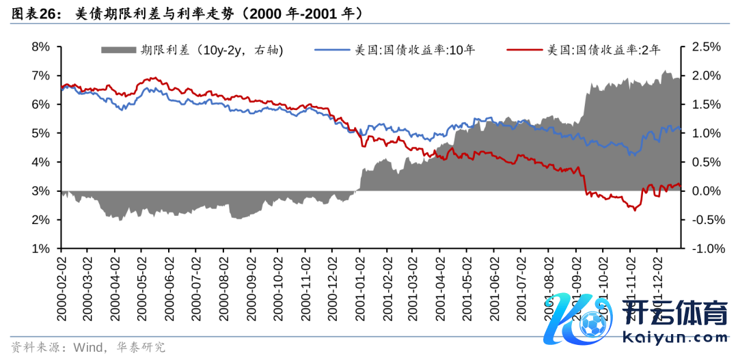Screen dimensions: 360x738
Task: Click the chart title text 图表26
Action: tap(35, 13)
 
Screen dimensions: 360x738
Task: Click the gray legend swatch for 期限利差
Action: tap(118, 50)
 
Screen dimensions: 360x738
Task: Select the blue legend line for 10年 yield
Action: tap(331, 50)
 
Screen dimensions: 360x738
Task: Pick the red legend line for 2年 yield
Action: tap(525, 50)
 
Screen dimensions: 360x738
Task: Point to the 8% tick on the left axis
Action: tap(41, 46)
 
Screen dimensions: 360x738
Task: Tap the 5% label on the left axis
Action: tap(41, 133)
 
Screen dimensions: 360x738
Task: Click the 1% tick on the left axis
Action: tap(41, 249)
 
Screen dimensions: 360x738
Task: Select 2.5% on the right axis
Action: tap(706, 46)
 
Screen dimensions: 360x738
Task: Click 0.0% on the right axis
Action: tap(706, 191)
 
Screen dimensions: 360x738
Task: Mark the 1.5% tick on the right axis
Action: tap(706, 105)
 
